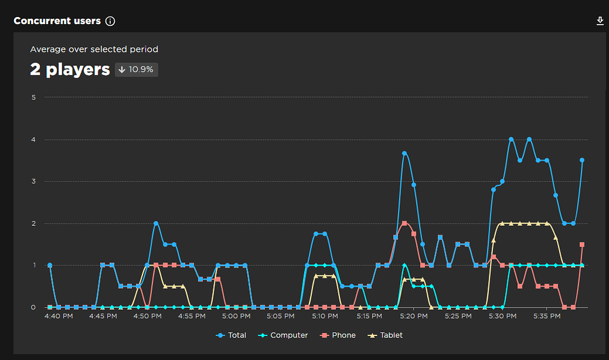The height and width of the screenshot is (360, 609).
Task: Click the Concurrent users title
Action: pos(57,21)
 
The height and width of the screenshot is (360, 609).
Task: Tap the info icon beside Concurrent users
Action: pos(110,21)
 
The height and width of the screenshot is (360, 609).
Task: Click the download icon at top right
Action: pos(600,21)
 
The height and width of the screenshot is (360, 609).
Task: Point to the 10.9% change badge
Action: pos(137,69)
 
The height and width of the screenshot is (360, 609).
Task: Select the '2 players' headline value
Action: pos(69,69)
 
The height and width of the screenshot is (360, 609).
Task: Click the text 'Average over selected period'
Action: pos(94,49)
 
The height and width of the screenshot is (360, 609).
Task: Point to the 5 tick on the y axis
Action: pos(34,97)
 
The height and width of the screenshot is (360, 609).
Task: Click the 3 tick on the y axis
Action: pos(34,181)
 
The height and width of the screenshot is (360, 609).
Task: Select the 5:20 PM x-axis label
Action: pos(414,316)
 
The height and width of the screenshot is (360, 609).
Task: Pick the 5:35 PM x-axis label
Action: pos(547,316)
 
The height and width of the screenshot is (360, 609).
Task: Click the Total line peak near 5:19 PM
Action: pos(405,154)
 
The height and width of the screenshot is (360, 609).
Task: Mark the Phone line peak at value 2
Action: pos(404,224)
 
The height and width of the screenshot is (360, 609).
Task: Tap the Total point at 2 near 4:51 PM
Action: pos(156,224)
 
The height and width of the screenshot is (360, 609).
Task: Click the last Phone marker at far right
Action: pos(582,245)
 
